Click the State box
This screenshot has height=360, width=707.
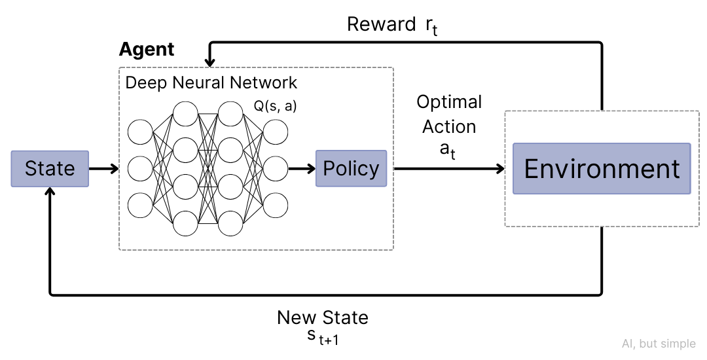pos(50,169)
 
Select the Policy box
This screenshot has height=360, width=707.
pos(351,169)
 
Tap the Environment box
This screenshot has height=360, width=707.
pos(602,169)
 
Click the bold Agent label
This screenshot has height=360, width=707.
pos(147,50)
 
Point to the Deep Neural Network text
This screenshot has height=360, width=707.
pos(211,83)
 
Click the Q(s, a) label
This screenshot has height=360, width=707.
pos(275,105)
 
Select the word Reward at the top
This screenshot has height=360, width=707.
pos(381,25)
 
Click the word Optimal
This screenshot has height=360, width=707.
pos(449,102)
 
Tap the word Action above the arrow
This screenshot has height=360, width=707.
pos(449,126)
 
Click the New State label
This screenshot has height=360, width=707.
pos(323,318)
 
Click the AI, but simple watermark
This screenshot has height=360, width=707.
pos(659,344)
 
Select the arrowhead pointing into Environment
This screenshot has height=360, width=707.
pos(500,169)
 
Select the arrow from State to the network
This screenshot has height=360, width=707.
pos(104,169)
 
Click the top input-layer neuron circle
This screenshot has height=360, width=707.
pos(140,132)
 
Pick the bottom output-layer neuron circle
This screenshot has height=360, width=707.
pos(276,205)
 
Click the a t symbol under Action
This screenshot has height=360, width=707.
pos(448,151)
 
